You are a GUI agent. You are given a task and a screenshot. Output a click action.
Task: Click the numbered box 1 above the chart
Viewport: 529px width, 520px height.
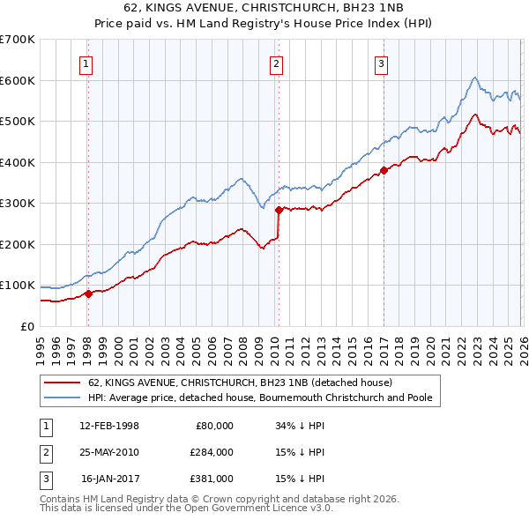87,63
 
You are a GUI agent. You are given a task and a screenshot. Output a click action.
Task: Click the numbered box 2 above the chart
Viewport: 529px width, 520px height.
277,63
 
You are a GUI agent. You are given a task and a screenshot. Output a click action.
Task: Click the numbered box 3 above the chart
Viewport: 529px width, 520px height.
381,63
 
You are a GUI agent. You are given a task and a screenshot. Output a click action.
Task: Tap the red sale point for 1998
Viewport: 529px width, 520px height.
88,293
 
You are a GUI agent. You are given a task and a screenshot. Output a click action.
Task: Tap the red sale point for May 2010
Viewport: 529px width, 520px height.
279,210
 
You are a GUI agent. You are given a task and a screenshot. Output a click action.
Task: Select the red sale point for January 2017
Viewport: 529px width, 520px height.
383,170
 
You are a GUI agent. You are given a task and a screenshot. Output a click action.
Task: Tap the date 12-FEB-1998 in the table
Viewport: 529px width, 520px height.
108,426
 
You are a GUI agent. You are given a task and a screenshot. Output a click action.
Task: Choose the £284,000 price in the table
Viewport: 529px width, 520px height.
211,452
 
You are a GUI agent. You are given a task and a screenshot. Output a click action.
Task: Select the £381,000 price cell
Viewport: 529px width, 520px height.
211,479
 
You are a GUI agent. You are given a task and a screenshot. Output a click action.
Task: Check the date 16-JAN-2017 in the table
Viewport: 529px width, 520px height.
109,479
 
